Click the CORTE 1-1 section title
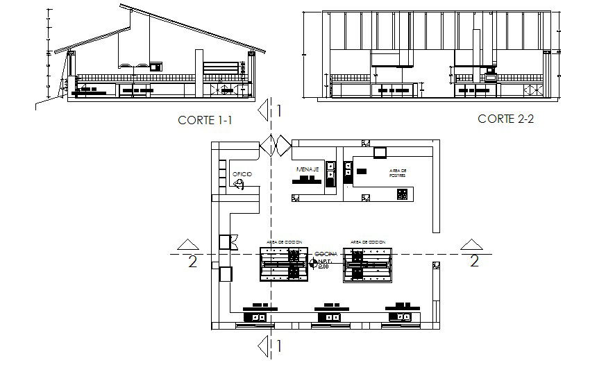click(204, 120)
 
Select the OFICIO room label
click(242, 173)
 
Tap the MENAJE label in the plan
click(307, 169)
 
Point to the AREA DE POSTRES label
click(398, 173)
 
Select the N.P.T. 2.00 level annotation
click(324, 264)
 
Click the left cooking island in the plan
click(283, 264)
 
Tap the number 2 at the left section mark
click(192, 262)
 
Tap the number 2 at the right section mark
click(474, 261)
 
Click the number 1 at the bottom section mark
click(278, 346)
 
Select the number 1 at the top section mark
click(278, 110)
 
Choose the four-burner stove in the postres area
click(402, 195)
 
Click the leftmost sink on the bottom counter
click(259, 317)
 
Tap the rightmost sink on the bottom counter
click(401, 317)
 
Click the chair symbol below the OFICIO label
click(239, 184)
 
